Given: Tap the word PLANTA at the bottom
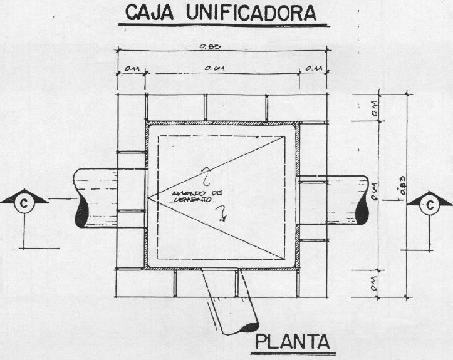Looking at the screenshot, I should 292,343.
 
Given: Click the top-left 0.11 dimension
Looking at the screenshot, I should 132,68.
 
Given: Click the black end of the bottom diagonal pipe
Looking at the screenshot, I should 251,327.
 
